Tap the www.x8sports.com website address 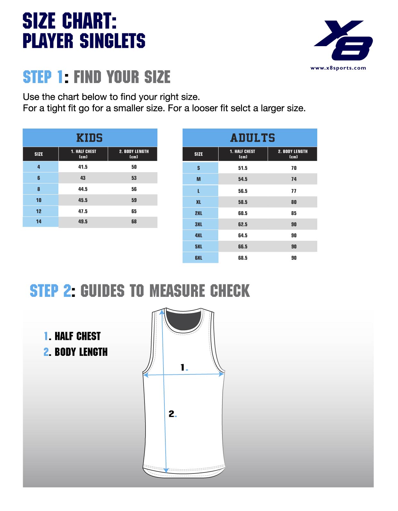point(338,68)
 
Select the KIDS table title point(89,138)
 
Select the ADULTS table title point(253,138)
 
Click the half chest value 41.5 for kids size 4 point(83,167)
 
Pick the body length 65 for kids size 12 point(134,212)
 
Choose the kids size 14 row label point(39,222)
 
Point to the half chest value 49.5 point(83,222)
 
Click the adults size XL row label point(199,202)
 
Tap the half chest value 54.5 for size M point(243,179)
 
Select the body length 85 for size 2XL point(294,214)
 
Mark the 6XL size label point(199,258)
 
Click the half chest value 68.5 point(243,258)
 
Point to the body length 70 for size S point(294,168)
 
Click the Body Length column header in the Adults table point(293,154)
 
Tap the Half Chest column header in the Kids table point(83,154)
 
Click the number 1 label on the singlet point(183,367)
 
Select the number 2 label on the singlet point(172,414)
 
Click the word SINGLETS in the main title point(112,41)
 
